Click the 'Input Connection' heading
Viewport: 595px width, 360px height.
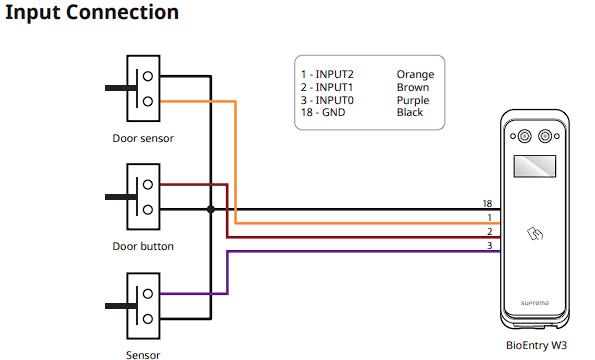(92, 13)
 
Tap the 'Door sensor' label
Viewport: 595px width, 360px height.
(143, 138)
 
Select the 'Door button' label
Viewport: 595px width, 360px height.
(143, 246)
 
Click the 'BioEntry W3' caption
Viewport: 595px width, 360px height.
(536, 345)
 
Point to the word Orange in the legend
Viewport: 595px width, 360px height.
(416, 75)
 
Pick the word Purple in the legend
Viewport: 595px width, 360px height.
(413, 101)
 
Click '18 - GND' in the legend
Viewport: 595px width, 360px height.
(323, 113)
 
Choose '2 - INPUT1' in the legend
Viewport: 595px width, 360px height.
(327, 87)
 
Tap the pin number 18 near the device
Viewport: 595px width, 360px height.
(487, 204)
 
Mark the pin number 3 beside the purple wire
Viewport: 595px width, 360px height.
(490, 246)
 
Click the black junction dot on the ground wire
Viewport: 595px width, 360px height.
(211, 209)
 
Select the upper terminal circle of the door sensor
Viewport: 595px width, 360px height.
(148, 76)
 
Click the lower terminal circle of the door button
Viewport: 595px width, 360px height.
(148, 210)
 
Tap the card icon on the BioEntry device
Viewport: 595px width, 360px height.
(535, 234)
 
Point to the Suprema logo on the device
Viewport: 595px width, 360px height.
(535, 303)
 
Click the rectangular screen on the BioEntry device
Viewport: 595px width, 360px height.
(535, 166)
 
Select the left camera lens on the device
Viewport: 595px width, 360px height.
(524, 136)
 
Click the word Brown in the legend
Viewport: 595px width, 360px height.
(413, 87)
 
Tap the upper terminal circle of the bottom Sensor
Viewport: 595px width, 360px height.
(148, 294)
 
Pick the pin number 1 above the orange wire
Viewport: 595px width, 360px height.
(490, 218)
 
